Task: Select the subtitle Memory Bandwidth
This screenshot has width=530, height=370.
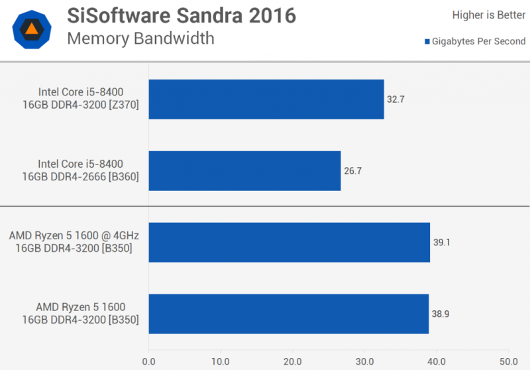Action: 140,38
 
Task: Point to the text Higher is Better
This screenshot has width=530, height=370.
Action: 489,15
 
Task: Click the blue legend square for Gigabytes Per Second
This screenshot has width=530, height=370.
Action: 427,42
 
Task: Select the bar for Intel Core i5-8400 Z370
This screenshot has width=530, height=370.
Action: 266,99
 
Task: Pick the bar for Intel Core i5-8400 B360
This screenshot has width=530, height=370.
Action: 244,170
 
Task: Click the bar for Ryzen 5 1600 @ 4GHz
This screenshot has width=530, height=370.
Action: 290,242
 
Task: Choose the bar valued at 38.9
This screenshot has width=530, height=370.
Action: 289,314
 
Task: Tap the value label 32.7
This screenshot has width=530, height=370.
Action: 396,99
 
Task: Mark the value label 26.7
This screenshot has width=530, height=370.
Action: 352,170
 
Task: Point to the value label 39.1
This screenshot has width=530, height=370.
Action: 441,242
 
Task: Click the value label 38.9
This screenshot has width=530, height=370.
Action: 440,314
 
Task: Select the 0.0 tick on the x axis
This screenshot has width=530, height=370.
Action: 148,362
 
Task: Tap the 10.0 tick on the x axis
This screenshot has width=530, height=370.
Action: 221,362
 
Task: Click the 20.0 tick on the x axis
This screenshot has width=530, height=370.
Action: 292,362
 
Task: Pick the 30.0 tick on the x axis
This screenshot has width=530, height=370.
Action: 364,362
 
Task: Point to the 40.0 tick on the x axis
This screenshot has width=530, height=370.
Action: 436,362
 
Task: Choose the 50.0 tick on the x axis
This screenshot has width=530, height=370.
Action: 507,362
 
